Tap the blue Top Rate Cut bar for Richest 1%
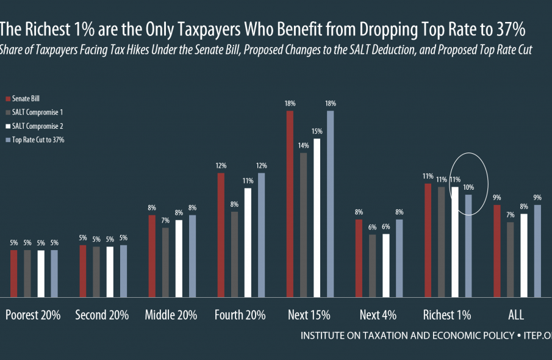click(x=468, y=245)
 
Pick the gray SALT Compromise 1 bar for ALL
click(x=510, y=259)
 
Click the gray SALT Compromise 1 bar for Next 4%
click(x=371, y=265)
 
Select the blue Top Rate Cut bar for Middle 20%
click(x=193, y=255)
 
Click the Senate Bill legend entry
click(x=26, y=98)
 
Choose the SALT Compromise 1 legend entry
click(x=37, y=112)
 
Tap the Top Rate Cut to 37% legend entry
click(x=37, y=140)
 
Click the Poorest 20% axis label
click(x=33, y=315)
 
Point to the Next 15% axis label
click(x=309, y=315)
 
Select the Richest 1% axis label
click(x=447, y=315)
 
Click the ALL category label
click(x=516, y=315)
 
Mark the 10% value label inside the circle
click(x=468, y=187)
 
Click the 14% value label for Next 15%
click(x=303, y=146)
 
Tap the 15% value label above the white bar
click(x=317, y=132)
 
